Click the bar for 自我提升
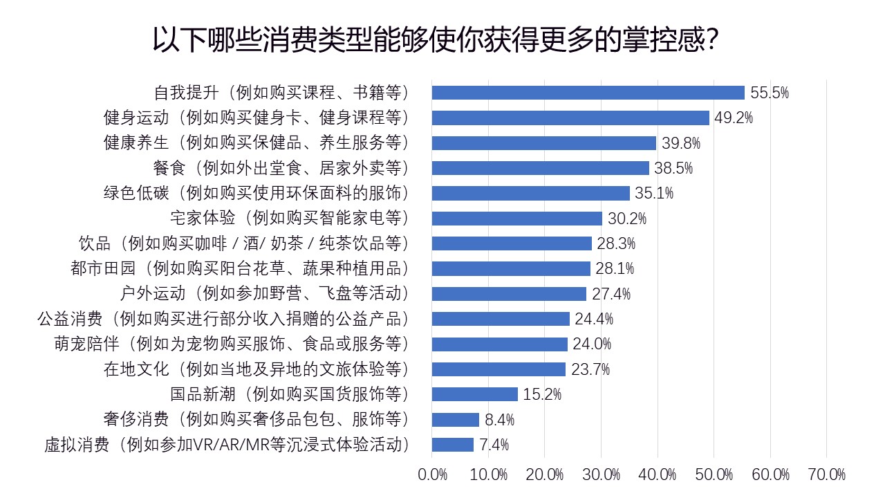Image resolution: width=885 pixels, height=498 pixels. coord(588,93)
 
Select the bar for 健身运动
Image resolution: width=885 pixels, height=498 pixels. coord(570,118)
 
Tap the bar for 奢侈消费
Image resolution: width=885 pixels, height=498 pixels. coord(455,420)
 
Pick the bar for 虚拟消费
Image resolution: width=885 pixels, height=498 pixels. coord(452,445)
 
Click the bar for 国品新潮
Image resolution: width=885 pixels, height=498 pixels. coord(474,394)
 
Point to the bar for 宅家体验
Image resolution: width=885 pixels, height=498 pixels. coord(516,219)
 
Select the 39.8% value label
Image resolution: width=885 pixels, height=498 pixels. coord(680,143)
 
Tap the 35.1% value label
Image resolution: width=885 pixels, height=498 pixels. coord(654,193)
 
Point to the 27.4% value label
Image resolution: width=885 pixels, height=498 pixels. coord(611,294)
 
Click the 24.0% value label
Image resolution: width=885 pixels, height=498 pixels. coord(592,344)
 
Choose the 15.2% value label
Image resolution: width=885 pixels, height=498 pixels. coord(542,395)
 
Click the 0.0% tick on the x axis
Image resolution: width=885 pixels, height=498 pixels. coord(433,474)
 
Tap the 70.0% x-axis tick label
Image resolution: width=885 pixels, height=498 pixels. coord(826,474)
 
